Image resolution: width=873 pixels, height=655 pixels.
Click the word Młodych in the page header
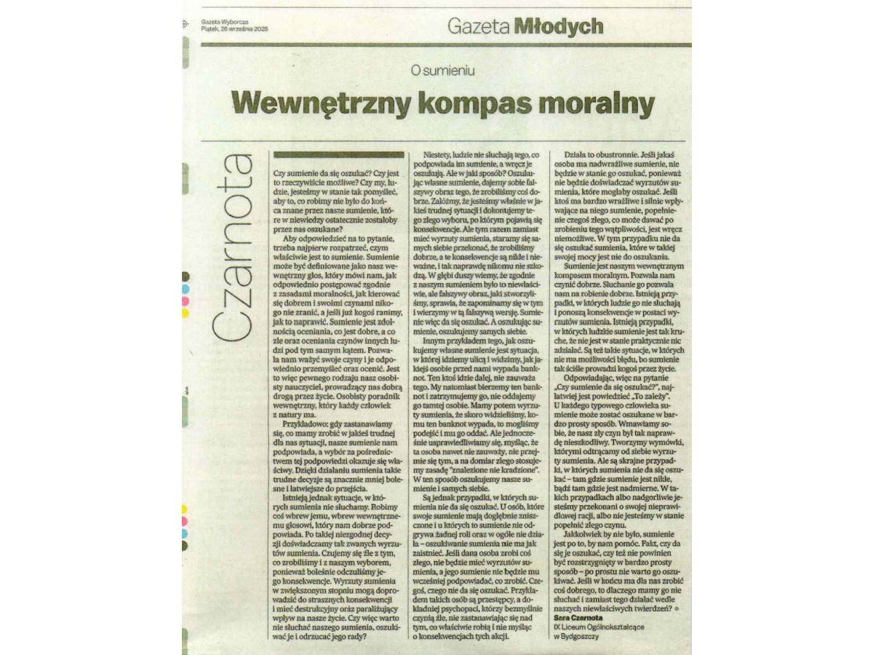pos(558,27)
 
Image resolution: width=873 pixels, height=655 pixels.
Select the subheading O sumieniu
pos(442,70)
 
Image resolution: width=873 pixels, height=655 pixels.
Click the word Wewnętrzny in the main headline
pos(315,101)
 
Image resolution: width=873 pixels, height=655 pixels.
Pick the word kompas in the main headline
pos(468,101)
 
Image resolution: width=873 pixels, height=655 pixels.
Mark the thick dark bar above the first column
pos(337,154)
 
